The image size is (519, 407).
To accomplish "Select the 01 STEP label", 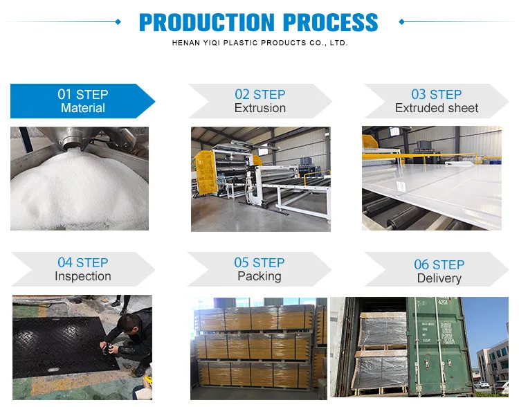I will click(83, 94).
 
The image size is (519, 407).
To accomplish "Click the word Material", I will click(83, 108).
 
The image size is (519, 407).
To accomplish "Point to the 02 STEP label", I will click(260, 94).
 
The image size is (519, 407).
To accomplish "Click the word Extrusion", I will click(260, 108).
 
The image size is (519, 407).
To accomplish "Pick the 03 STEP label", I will click(437, 94).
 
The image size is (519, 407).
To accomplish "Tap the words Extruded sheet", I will click(437, 108).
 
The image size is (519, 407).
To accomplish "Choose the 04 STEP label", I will click(83, 262).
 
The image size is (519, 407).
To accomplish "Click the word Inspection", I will click(83, 276).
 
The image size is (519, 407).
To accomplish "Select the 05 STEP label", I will click(259, 262).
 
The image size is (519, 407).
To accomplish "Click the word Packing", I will click(259, 276).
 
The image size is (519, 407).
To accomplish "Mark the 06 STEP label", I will click(439, 264).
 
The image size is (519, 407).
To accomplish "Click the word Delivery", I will click(439, 278).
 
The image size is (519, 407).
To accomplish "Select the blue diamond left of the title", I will click(118, 22).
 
